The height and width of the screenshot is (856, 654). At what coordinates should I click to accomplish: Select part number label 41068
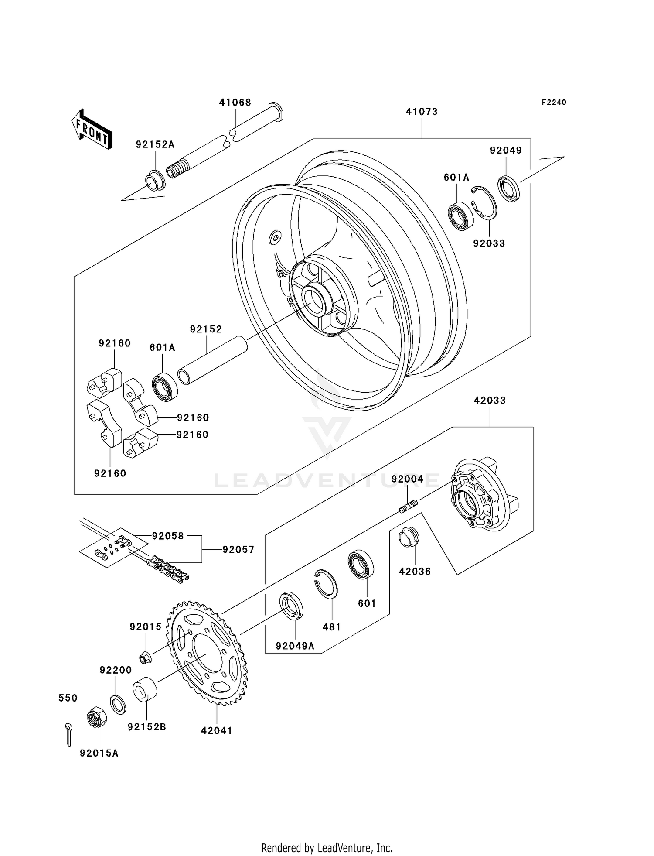coord(235,103)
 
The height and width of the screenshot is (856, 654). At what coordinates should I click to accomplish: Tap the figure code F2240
coord(554,103)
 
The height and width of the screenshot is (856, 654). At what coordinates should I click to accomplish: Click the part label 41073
coord(422,112)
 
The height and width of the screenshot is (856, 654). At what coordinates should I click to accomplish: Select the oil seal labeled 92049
coord(509,188)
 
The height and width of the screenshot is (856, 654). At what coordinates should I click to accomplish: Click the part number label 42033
coord(490,401)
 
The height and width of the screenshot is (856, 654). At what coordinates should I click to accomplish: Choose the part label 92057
coord(238,550)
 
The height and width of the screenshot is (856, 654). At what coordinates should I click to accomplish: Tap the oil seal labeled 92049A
coord(292,605)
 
